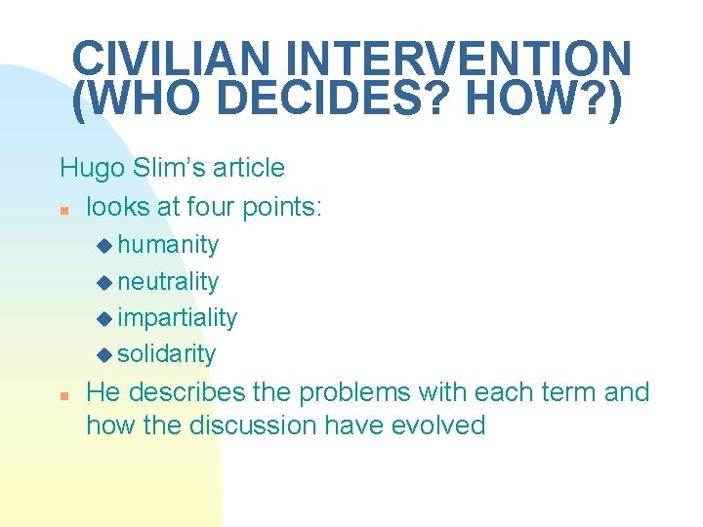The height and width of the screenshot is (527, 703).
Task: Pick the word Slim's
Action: tap(158, 169)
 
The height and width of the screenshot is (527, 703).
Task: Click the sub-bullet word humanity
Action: tap(168, 245)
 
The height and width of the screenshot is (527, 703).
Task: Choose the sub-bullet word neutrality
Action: tap(168, 282)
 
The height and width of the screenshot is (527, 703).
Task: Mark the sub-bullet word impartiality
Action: tap(177, 318)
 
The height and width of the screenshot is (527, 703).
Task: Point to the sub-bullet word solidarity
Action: tap(166, 354)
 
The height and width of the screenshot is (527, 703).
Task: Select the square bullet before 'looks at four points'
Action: tap(63, 209)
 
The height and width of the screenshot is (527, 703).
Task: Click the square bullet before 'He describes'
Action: tap(63, 395)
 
